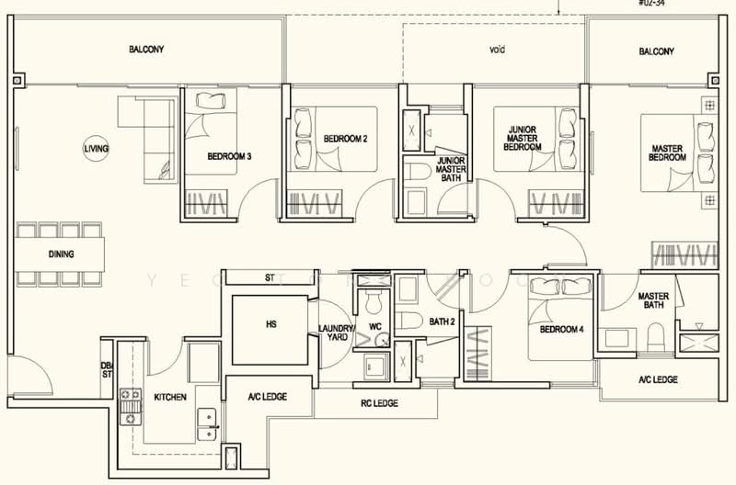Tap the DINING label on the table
click(62, 254)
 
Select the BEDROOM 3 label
click(230, 157)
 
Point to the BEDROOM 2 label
click(345, 140)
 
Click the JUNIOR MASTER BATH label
click(450, 167)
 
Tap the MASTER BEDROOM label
click(668, 152)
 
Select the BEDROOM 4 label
click(561, 329)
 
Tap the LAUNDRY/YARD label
click(336, 332)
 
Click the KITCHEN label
click(170, 397)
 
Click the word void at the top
click(498, 51)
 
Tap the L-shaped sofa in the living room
click(152, 138)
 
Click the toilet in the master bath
click(657, 340)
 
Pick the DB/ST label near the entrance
click(106, 370)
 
